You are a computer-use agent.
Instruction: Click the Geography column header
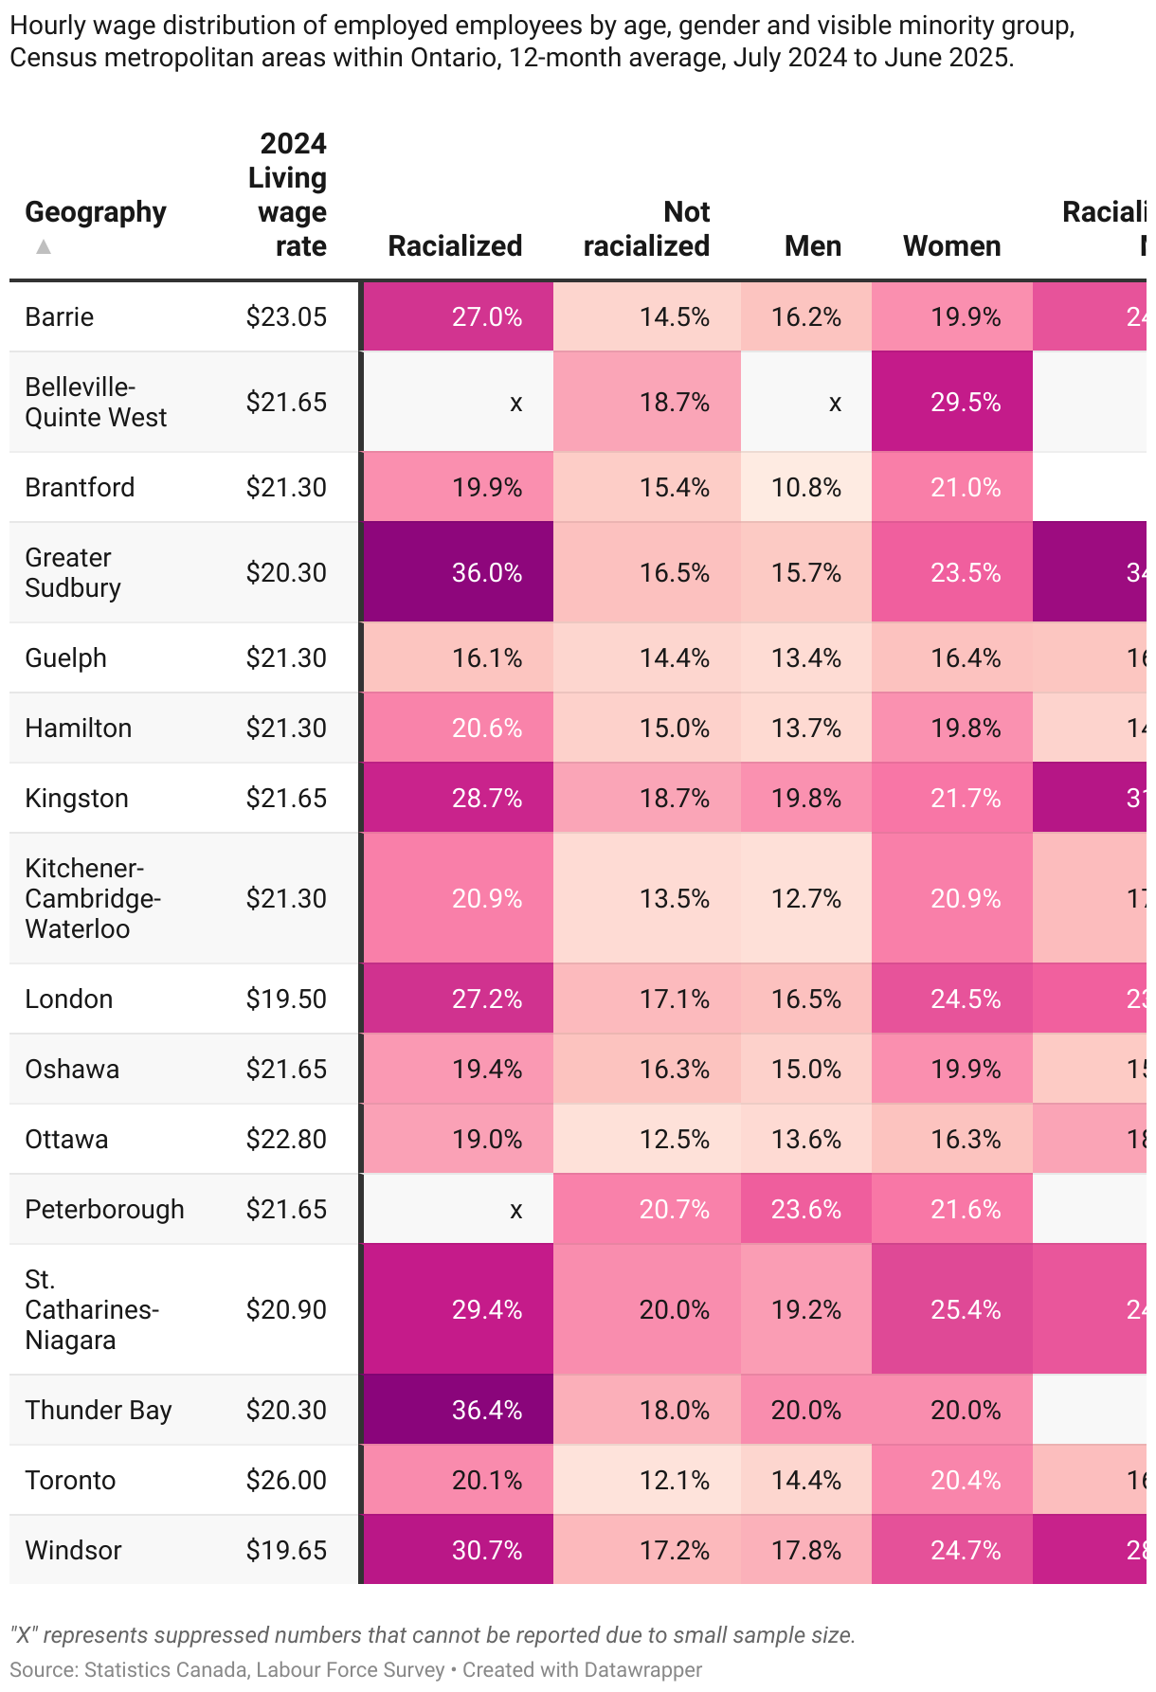pos(95,212)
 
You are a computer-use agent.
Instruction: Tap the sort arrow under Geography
pos(43,247)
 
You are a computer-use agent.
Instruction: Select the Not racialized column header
pos(646,229)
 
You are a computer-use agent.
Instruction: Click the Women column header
pos(951,246)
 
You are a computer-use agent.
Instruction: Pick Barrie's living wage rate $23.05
pos(286,317)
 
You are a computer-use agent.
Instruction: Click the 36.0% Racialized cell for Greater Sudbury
pos(486,573)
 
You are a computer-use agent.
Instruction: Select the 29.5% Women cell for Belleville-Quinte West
pos(965,403)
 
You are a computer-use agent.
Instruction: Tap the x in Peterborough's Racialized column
pos(515,1210)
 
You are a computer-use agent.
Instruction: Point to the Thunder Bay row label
pos(99,1411)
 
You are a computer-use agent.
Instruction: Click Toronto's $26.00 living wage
pos(286,1481)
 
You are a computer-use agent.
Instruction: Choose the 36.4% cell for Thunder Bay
pos(486,1411)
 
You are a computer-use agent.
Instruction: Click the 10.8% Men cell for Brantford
pos(805,488)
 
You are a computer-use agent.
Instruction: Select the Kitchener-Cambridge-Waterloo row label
pos(92,899)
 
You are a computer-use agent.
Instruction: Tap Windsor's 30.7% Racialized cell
pos(486,1551)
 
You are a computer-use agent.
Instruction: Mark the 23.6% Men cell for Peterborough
pos(805,1210)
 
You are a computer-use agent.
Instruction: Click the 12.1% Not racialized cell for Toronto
pos(674,1481)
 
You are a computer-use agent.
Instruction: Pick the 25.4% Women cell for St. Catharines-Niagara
pos(965,1310)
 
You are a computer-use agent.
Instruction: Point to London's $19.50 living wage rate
pos(286,999)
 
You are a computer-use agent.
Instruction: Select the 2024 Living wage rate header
pos(289,195)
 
